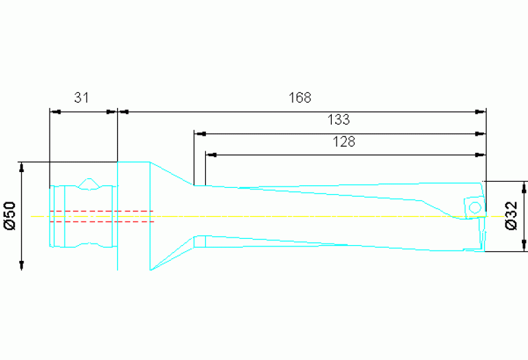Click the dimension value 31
(82, 98)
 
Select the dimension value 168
(299, 98)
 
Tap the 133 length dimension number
(338, 120)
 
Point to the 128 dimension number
(344, 142)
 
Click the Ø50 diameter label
(10, 215)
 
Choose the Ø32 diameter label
(511, 215)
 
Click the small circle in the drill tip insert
(474, 207)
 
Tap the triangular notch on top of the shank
(88, 183)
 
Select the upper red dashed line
(101, 211)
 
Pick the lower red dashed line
(101, 222)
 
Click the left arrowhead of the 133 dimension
(200, 134)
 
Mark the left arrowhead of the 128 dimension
(211, 155)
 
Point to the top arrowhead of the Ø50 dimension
(22, 167)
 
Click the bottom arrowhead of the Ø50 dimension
(22, 265)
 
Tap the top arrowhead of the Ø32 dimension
(525, 187)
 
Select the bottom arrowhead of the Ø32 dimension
(525, 246)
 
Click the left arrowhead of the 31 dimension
(55, 111)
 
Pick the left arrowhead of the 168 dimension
(124, 111)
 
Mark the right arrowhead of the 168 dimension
(481, 111)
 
